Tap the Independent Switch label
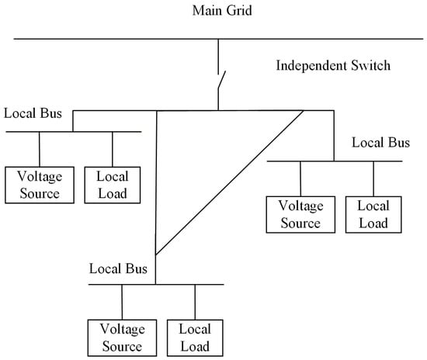[333, 65]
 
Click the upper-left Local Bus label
[30, 113]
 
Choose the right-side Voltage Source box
[300, 215]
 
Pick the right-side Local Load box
[373, 215]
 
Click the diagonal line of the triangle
[230, 183]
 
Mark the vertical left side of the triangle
[156, 182]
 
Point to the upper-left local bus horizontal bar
[74, 132]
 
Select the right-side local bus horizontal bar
[335, 161]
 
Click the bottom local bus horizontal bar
[156, 285]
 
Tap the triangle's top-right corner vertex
[304, 111]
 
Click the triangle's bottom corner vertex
[156, 254]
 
